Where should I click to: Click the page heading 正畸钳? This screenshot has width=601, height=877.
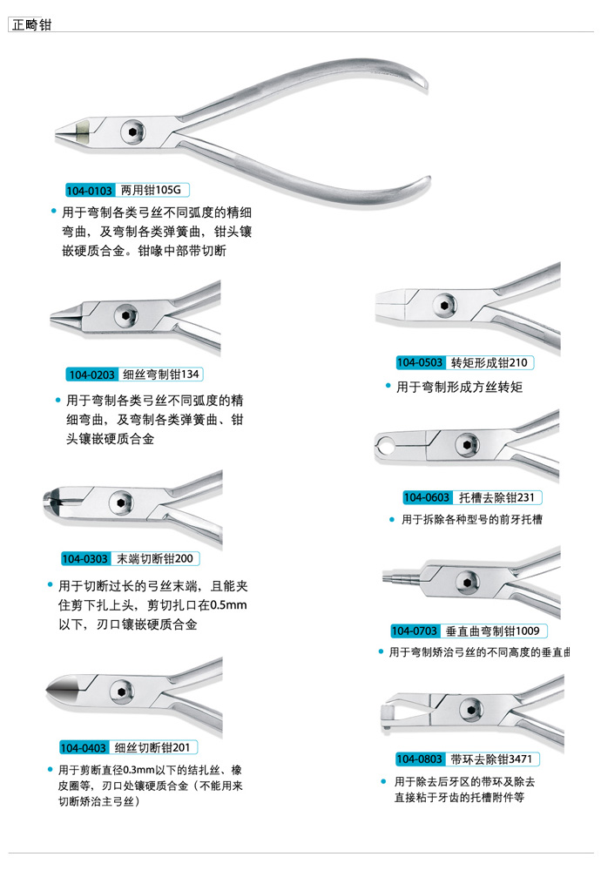(x=31, y=24)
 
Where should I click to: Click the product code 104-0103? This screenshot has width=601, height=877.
(x=90, y=191)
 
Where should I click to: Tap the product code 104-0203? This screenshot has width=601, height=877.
(x=91, y=374)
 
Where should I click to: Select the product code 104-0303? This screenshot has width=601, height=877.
(x=85, y=559)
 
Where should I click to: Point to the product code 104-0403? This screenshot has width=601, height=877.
(x=84, y=748)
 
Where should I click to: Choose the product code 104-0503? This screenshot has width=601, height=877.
(x=420, y=363)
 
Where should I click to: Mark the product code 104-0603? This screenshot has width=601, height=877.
(x=427, y=497)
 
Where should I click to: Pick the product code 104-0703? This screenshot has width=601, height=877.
(x=415, y=631)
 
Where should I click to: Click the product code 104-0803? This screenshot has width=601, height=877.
(x=420, y=759)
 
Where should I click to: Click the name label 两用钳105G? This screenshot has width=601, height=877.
(x=151, y=190)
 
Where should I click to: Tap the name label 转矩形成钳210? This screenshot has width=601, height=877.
(x=490, y=363)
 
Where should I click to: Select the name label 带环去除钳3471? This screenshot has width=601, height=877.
(x=491, y=759)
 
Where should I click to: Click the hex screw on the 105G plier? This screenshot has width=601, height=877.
(x=133, y=132)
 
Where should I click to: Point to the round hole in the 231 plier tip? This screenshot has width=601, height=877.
(x=384, y=446)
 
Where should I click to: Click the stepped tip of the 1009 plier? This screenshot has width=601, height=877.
(x=402, y=578)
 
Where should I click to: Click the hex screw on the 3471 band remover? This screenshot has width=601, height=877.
(x=471, y=711)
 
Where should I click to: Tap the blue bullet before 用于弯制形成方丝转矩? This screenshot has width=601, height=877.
(x=388, y=386)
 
